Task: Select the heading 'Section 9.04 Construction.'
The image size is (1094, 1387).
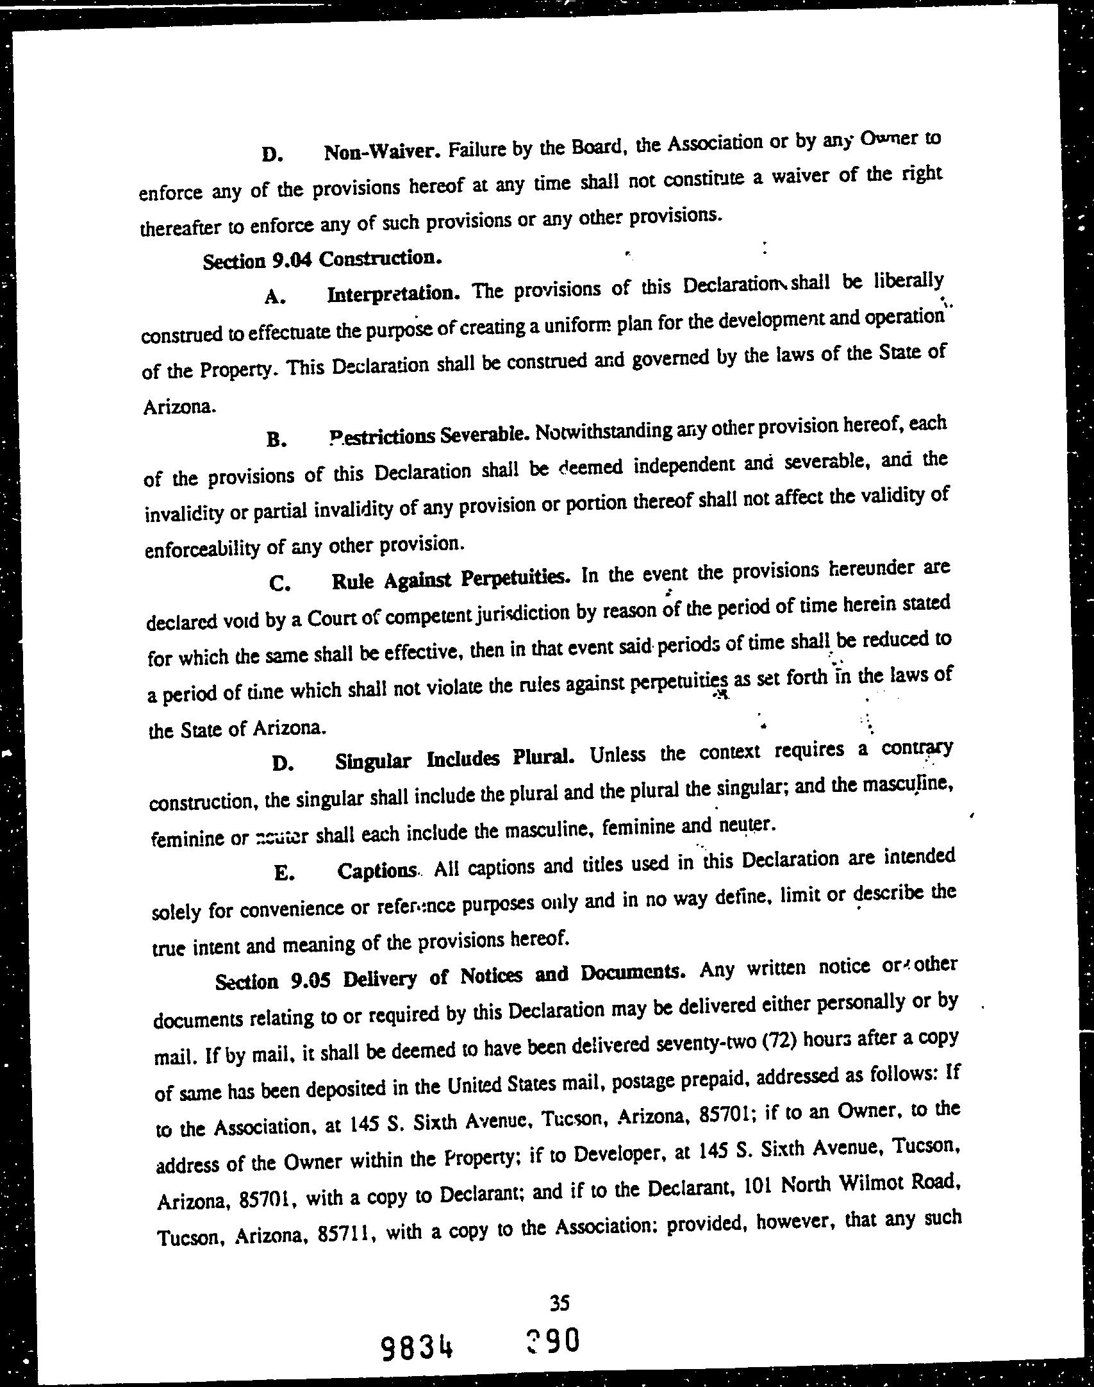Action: (322, 260)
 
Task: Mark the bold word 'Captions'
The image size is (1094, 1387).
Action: (377, 871)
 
